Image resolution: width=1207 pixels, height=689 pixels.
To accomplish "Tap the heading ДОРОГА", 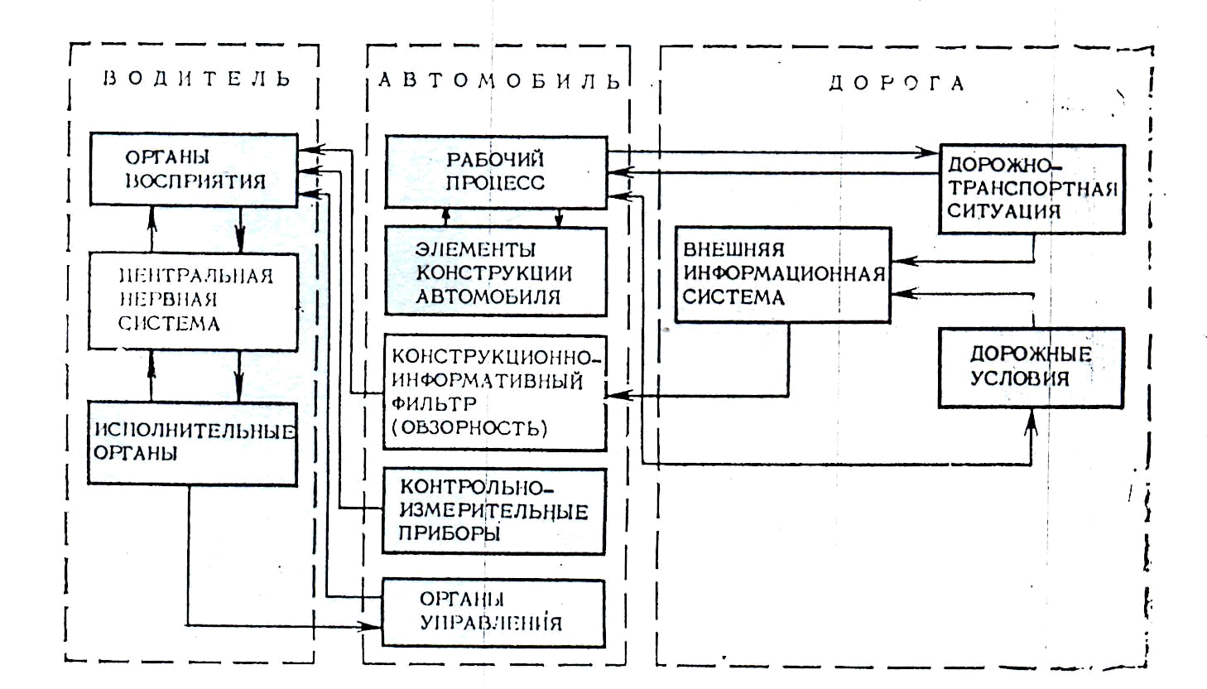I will pyautogui.click(x=897, y=84).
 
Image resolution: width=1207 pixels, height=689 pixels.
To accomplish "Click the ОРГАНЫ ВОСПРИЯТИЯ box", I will pyautogui.click(x=193, y=169).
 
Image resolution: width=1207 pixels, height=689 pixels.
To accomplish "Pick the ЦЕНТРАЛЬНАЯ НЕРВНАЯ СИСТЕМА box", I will pyautogui.click(x=193, y=298).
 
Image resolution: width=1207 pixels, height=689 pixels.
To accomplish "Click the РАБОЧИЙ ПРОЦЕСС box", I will pyautogui.click(x=495, y=171).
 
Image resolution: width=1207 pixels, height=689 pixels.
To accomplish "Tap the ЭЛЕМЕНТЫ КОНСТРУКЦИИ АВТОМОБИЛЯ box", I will pyautogui.click(x=495, y=272).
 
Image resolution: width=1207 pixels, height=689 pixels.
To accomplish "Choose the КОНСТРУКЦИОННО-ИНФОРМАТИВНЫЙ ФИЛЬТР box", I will pyautogui.click(x=495, y=392).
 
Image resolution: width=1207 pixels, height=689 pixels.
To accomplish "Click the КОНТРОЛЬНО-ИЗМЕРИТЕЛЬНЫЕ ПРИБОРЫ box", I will pyautogui.click(x=493, y=511).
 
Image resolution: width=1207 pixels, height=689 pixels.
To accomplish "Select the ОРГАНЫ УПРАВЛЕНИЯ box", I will pyautogui.click(x=493, y=613).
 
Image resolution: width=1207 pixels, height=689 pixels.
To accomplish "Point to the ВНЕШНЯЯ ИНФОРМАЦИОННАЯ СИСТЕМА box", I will pyautogui.click(x=782, y=274).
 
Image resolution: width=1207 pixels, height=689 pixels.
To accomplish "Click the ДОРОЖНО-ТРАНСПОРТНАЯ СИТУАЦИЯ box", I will pyautogui.click(x=1031, y=188).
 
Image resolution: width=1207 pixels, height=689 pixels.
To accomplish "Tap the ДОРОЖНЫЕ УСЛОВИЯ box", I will pyautogui.click(x=1031, y=367).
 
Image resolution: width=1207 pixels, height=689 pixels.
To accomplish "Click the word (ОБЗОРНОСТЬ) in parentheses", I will pyautogui.click(x=469, y=428).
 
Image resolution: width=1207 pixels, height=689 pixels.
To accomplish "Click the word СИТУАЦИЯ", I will pyautogui.click(x=1003, y=210).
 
